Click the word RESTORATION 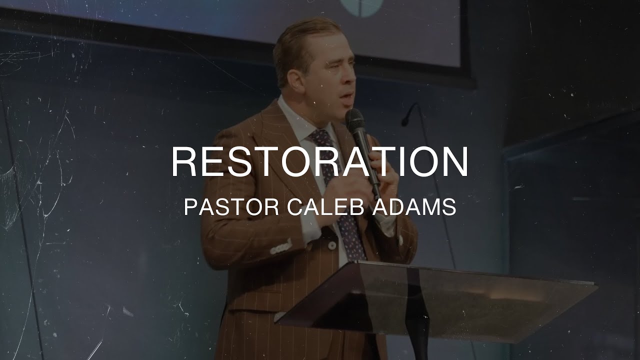tap(319, 161)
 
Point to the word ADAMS tap(414, 206)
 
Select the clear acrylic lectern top tap(440, 295)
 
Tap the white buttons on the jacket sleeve tap(281, 247)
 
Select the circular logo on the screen tap(361, 7)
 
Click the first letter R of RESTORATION tap(184, 161)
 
